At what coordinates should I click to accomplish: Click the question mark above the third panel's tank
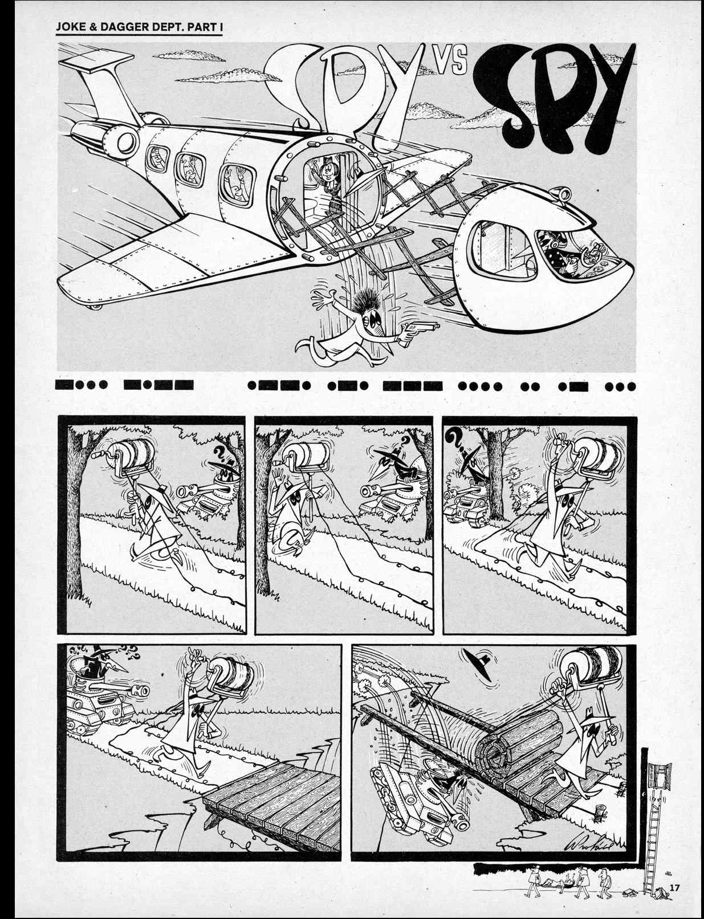pos(454,438)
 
